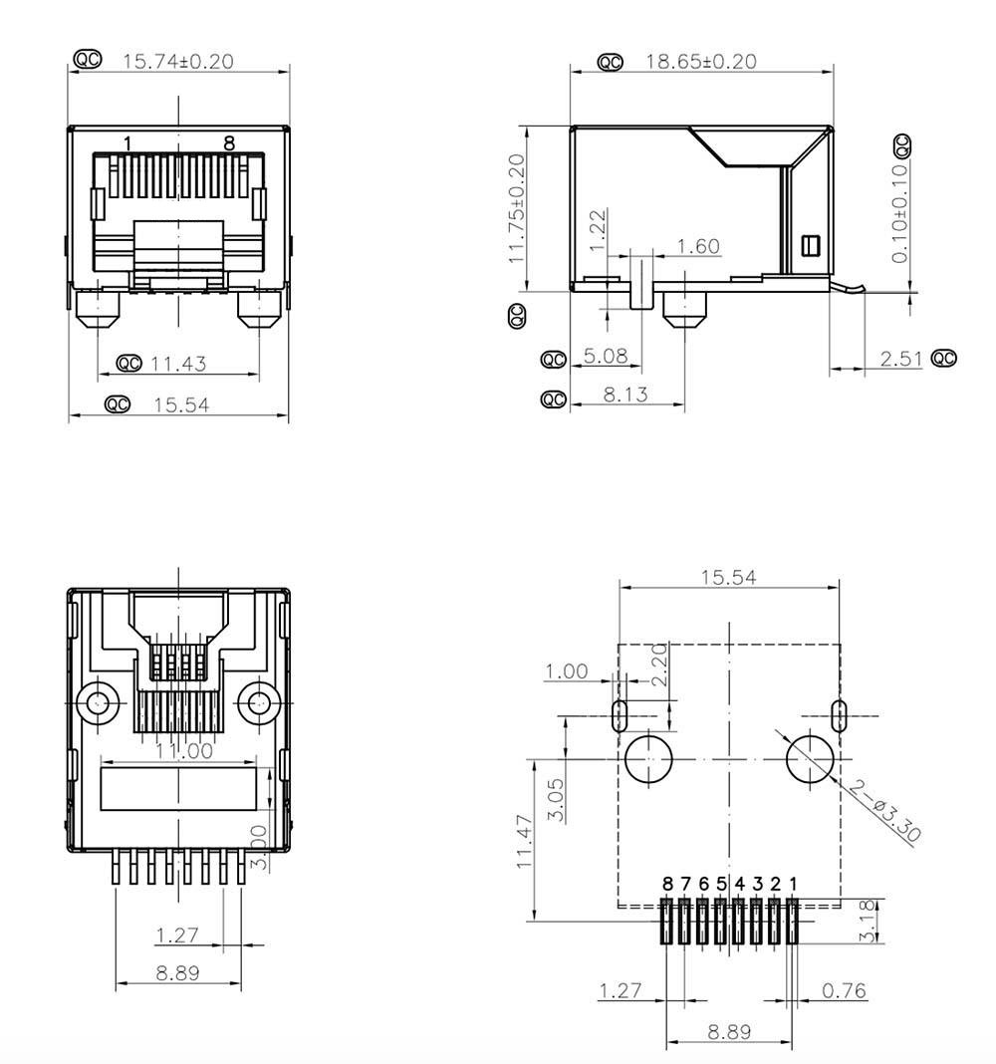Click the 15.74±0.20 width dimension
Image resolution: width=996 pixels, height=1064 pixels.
(177, 62)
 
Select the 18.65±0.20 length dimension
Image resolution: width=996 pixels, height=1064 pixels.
(701, 62)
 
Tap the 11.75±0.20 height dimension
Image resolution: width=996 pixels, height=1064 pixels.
(517, 209)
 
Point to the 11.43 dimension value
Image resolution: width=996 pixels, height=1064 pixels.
(177, 364)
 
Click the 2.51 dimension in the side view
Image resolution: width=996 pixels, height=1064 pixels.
(901, 359)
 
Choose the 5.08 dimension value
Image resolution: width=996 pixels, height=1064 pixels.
(606, 356)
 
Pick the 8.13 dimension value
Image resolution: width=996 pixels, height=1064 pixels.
(625, 395)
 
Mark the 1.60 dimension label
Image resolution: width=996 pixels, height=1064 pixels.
(698, 246)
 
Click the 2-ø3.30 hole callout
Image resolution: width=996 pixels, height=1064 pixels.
(884, 811)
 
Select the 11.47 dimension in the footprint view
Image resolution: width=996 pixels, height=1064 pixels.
(525, 842)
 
